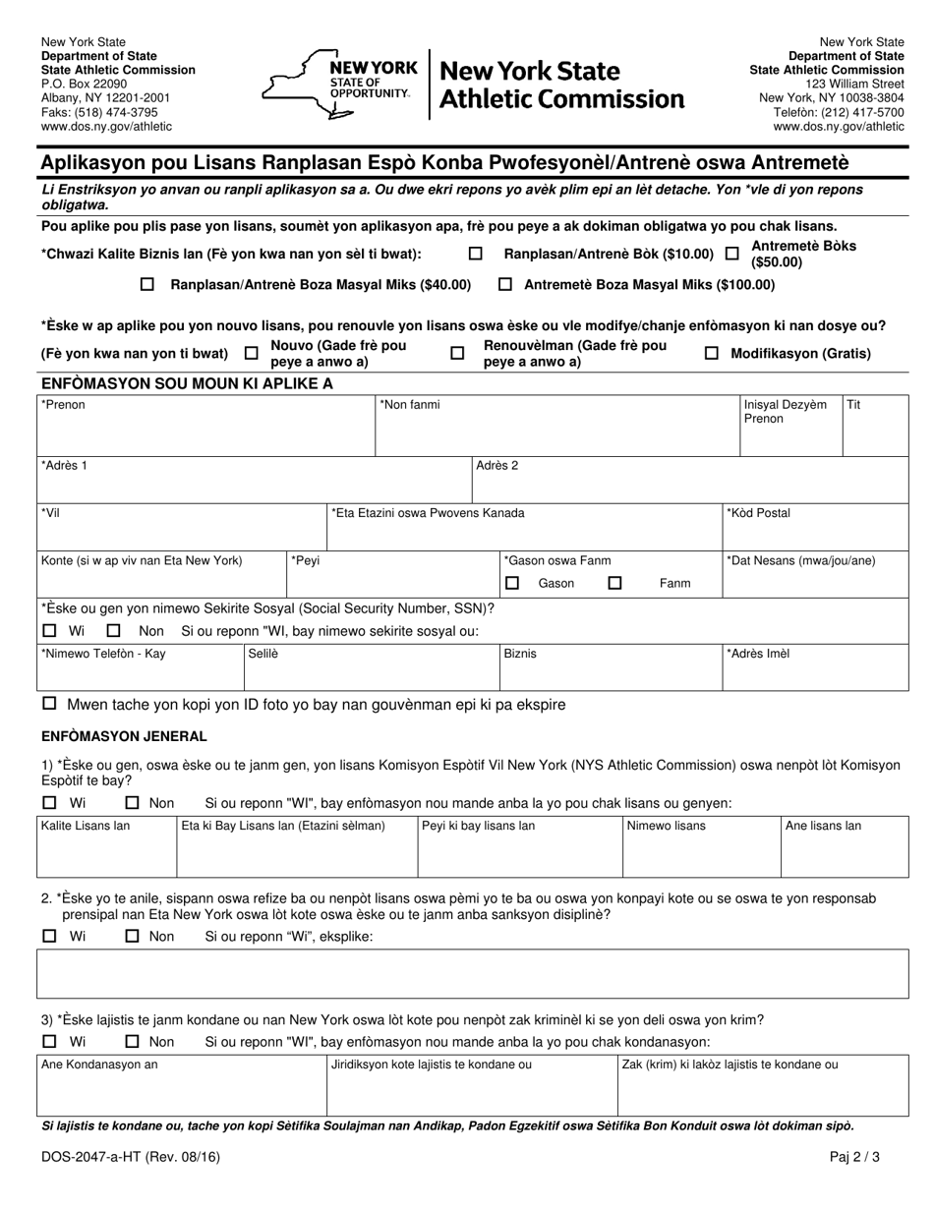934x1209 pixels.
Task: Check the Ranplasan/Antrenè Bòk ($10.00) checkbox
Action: click(476, 254)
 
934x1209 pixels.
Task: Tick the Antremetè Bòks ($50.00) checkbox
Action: click(731, 254)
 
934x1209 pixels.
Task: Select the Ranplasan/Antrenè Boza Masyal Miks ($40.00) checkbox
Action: click(147, 284)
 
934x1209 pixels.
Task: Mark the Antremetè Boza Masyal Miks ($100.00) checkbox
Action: click(505, 284)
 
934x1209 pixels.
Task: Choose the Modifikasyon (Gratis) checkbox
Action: click(712, 353)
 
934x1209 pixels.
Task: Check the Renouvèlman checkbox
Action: click(457, 353)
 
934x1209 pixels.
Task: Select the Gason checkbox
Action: click(512, 583)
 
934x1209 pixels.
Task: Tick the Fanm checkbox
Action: click(615, 583)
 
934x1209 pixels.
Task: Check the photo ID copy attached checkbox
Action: click(49, 705)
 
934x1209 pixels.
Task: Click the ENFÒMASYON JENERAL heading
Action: click(124, 735)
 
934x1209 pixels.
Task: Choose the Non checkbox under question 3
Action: click(133, 1041)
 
